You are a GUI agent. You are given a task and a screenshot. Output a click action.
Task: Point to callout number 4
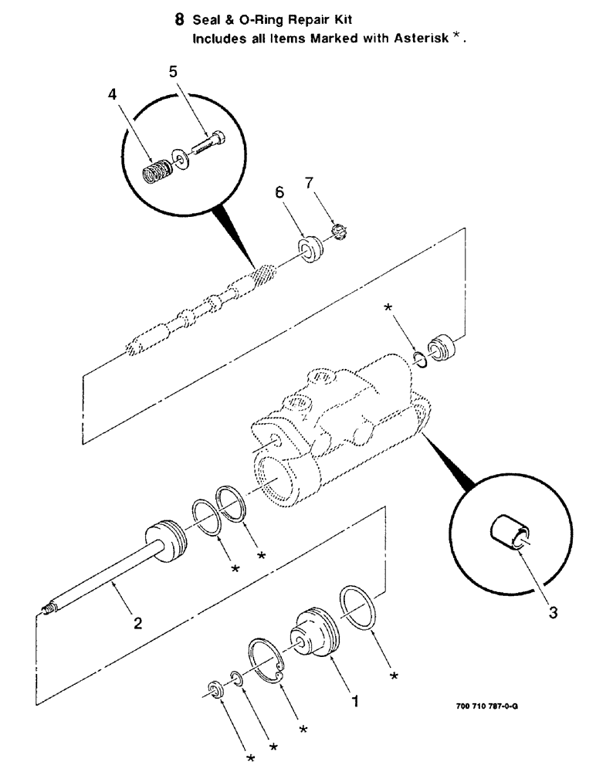(113, 96)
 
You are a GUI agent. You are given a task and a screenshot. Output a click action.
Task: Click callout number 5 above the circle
(174, 72)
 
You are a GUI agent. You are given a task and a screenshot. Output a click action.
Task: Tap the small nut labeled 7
(337, 230)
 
